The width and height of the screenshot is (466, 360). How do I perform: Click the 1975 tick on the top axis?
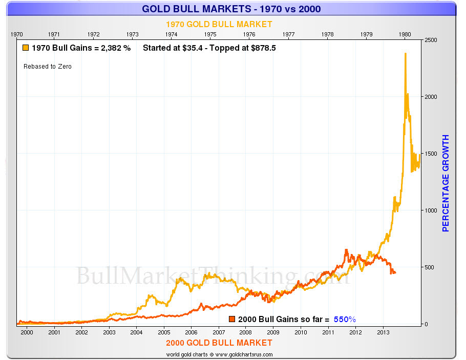click(210, 34)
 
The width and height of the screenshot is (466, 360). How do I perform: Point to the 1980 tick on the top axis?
click(405, 34)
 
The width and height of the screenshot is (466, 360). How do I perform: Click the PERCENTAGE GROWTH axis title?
click(446, 183)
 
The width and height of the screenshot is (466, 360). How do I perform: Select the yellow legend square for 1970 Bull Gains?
click(26, 49)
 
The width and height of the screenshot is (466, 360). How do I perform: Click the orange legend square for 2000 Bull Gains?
click(231, 319)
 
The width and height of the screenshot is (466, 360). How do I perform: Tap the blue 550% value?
click(345, 319)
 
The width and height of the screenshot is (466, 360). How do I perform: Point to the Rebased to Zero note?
click(48, 67)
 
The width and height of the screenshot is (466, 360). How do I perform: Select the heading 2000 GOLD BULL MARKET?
click(219, 343)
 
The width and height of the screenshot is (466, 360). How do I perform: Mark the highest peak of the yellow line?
click(406, 53)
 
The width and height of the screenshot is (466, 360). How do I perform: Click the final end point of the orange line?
click(395, 272)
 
